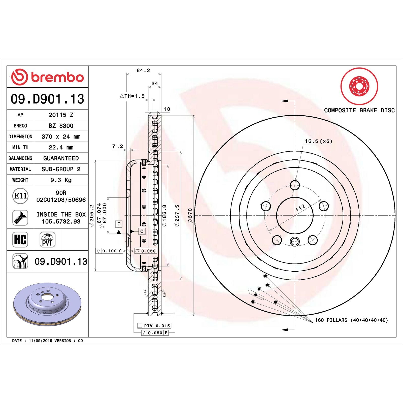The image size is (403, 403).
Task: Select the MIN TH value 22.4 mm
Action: click(61, 147)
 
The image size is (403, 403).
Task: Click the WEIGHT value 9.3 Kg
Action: click(61, 180)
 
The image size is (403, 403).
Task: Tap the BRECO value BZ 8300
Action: click(61, 126)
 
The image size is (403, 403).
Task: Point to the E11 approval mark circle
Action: click(20, 196)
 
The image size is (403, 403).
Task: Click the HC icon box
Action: click(20, 239)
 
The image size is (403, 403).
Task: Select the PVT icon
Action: click(47, 240)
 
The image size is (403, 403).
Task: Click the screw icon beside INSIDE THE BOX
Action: click(20, 218)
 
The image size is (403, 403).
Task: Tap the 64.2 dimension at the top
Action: click(143, 71)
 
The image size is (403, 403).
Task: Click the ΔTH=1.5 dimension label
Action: click(132, 96)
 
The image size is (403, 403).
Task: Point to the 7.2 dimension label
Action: click(118, 146)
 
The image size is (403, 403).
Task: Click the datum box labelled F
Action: click(119, 224)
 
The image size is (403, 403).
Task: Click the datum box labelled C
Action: click(142, 231)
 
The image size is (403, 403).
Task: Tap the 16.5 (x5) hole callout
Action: click(319, 141)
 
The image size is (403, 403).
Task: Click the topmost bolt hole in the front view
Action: click(295, 185)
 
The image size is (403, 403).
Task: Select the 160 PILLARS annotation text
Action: click(351, 320)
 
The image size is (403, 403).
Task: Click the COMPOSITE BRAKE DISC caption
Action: click(359, 110)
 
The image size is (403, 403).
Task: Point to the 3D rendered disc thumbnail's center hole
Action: click(46, 297)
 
